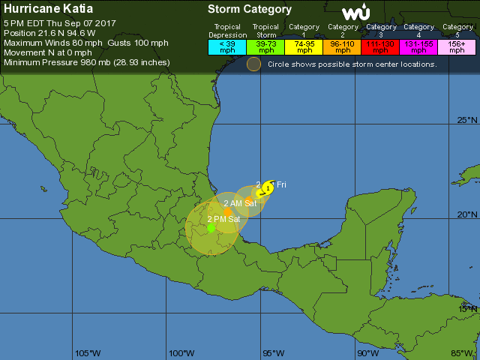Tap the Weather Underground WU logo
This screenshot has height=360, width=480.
(355, 13)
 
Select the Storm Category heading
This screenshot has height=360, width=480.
(249, 10)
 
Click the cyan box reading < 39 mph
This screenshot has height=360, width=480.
(226, 46)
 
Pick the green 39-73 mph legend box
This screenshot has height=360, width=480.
(265, 46)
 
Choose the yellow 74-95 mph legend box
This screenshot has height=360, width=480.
(304, 46)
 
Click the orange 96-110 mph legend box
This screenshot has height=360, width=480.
(343, 46)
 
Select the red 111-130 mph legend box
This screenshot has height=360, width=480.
(381, 46)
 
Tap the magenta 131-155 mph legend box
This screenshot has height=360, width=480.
(419, 46)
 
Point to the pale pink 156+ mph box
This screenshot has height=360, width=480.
(457, 46)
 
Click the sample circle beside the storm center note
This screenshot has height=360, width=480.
(254, 64)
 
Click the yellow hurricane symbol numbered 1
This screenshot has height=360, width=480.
(268, 187)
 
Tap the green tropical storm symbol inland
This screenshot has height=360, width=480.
(211, 227)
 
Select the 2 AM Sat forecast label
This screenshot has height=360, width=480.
(240, 203)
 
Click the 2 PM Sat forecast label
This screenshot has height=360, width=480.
(223, 219)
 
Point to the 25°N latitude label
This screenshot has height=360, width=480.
(467, 120)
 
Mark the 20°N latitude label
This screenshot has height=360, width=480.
(467, 214)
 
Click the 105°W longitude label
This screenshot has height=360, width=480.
(88, 353)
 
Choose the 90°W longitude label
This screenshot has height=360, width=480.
(367, 353)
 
